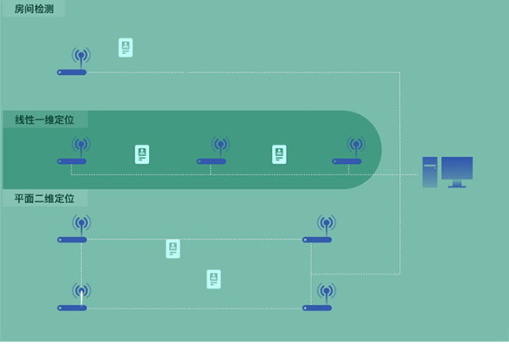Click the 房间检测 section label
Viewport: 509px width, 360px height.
click(x=34, y=9)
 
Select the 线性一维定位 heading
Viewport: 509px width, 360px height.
click(x=44, y=119)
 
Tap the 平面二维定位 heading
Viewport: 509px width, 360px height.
click(x=44, y=199)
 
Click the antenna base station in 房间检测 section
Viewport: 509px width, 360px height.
click(x=73, y=61)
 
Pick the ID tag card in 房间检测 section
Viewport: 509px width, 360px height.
click(x=126, y=48)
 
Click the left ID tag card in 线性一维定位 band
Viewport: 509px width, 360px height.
click(x=142, y=154)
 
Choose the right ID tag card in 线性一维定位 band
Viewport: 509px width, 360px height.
click(x=279, y=154)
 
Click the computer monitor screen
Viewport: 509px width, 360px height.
click(x=457, y=168)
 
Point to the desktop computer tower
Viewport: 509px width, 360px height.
click(x=430, y=172)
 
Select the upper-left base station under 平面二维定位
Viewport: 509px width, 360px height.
click(x=74, y=228)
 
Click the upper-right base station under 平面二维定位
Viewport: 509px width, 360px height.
click(x=319, y=228)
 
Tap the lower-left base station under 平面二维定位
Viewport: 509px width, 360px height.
click(x=74, y=296)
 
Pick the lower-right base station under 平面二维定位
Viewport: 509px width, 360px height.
click(x=319, y=296)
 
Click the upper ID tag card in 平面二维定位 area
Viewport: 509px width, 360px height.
click(x=173, y=248)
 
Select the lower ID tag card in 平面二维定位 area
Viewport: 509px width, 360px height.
click(x=214, y=279)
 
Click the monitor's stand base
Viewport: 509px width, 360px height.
click(x=457, y=187)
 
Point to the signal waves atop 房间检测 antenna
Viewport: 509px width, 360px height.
click(x=81, y=55)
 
